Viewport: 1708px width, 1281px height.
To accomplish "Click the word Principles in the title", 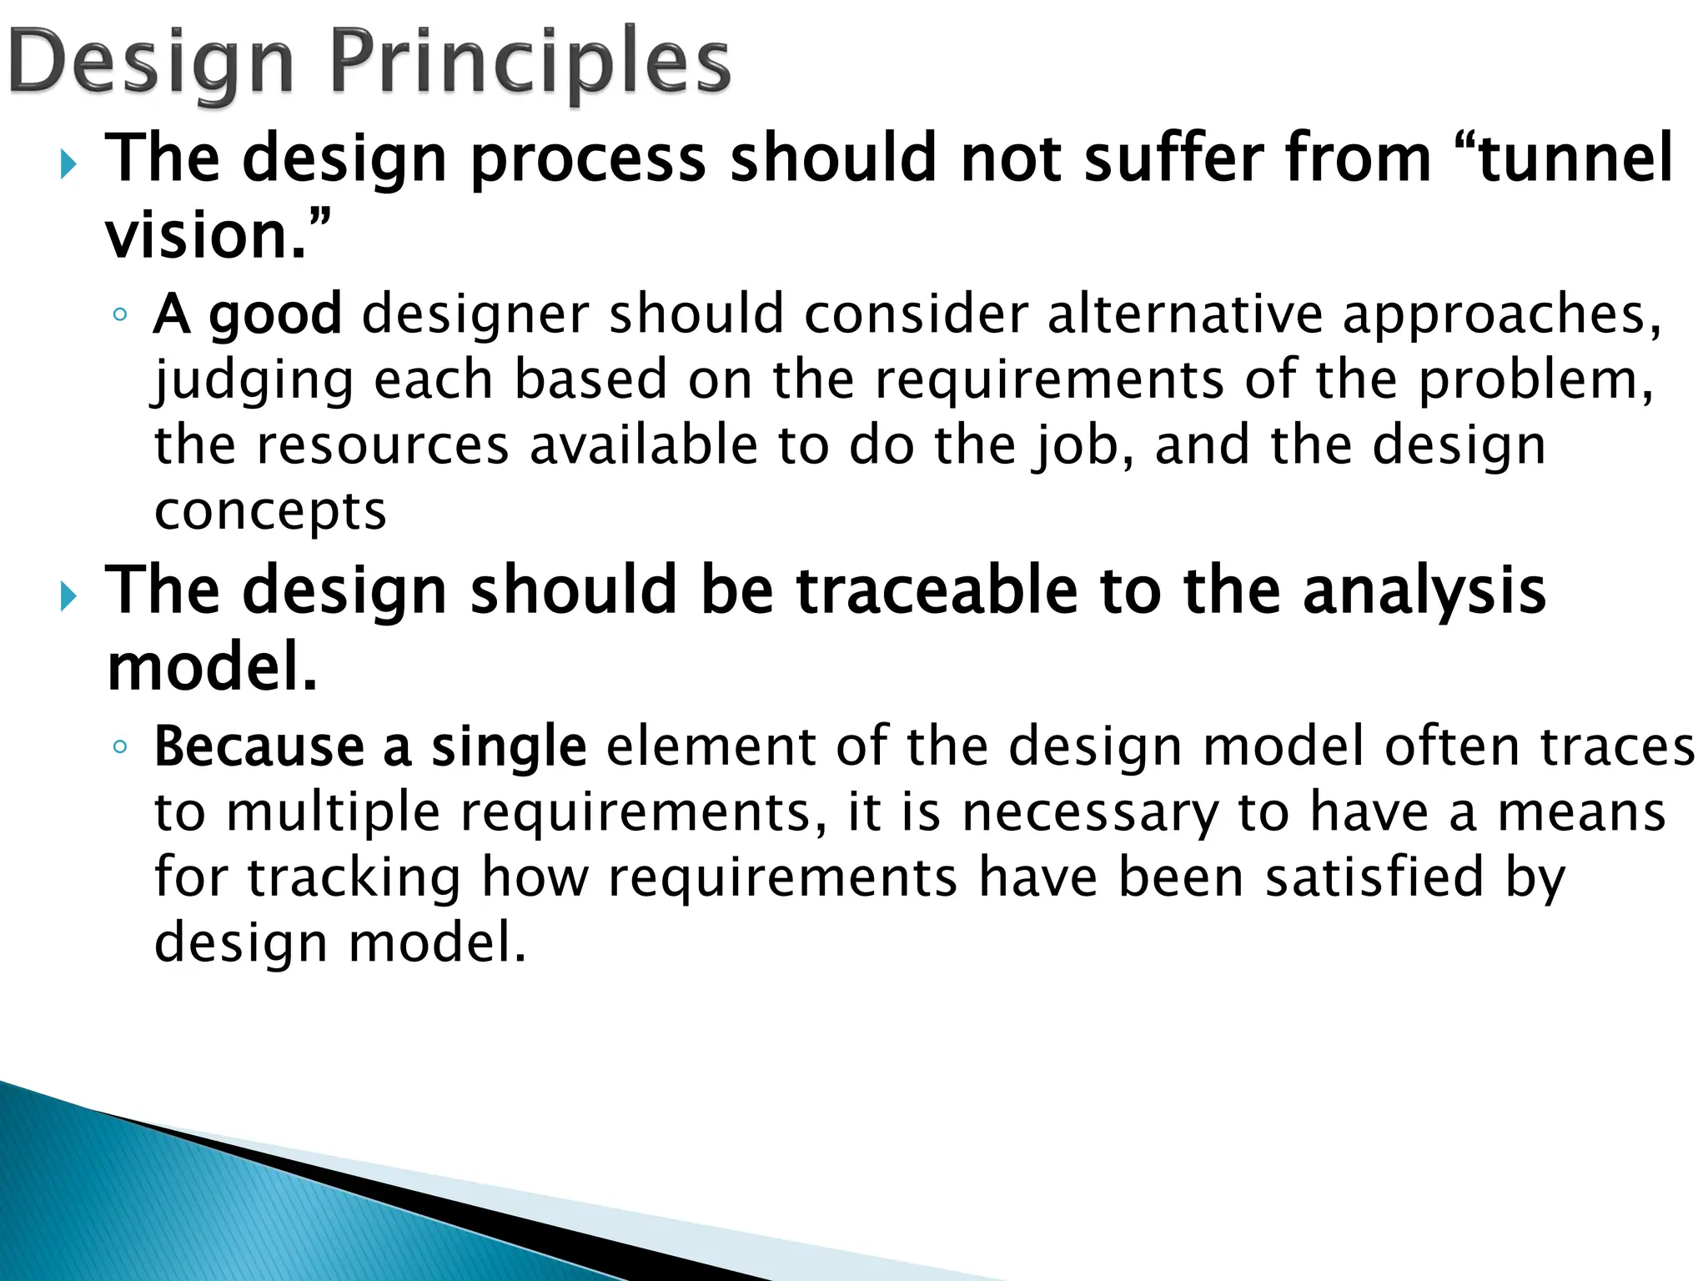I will click(x=530, y=63).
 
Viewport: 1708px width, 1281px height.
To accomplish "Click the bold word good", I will click(x=275, y=315).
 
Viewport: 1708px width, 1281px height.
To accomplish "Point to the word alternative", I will click(x=1184, y=314).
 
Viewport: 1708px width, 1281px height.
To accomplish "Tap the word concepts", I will click(x=270, y=512).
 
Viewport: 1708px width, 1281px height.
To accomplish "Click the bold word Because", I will click(x=259, y=746).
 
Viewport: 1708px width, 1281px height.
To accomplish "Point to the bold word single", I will click(x=509, y=746).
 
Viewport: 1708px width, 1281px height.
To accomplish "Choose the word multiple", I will click(x=333, y=813).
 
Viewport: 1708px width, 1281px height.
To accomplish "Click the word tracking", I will click(x=354, y=878).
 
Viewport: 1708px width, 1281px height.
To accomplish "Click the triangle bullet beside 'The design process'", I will click(x=68, y=165).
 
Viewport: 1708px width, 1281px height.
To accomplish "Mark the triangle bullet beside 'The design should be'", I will click(x=68, y=597).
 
